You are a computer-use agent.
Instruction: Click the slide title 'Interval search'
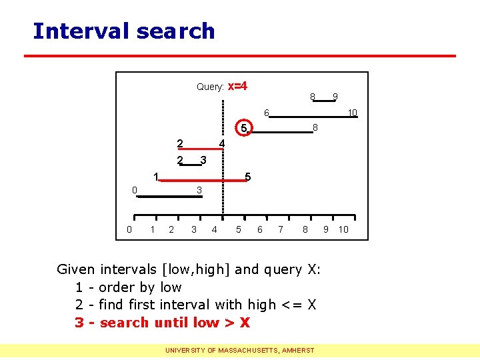[x=124, y=31]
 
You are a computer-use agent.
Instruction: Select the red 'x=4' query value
[x=238, y=86]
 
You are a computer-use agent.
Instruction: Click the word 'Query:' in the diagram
[x=210, y=87]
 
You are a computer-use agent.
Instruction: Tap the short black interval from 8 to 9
[x=324, y=101]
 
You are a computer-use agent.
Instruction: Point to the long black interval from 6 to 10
[x=313, y=117]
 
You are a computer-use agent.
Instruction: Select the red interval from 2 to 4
[x=200, y=149]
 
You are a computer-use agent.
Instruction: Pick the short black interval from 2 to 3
[x=190, y=164]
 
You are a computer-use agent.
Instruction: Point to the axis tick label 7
[x=281, y=230]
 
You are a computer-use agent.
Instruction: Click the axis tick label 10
[x=343, y=230]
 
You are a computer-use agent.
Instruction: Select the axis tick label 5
[x=239, y=230]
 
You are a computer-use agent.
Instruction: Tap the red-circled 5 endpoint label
[x=244, y=128]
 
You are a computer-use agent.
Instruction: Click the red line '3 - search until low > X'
[x=162, y=323]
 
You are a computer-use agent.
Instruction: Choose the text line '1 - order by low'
[x=128, y=287]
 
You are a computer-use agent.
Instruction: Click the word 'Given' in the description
[x=76, y=269]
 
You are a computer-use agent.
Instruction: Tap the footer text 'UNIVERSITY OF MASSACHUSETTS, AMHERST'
[x=240, y=350]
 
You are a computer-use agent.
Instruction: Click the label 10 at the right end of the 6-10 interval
[x=353, y=113]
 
